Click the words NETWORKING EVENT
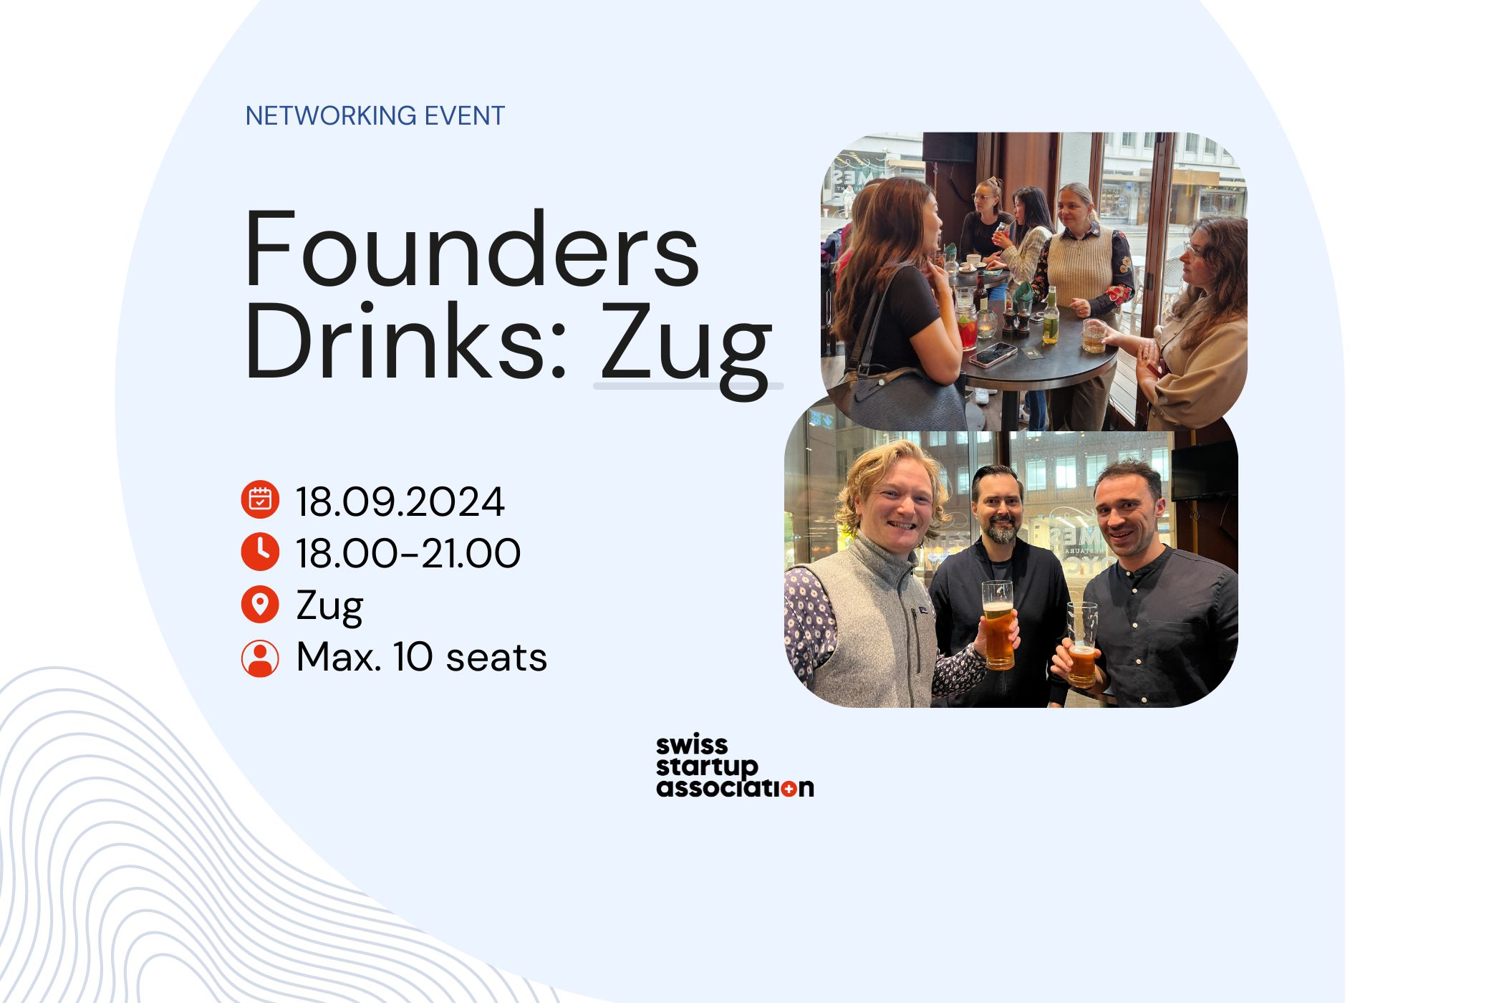tap(375, 116)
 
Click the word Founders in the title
tap(473, 249)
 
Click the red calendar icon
tap(260, 499)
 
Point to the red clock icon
tap(260, 552)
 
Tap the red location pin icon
tap(260, 605)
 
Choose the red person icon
tap(260, 658)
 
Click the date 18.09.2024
tap(400, 501)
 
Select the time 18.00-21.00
tap(409, 553)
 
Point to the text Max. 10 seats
tap(422, 658)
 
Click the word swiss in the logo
tap(692, 744)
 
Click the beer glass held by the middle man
tap(998, 625)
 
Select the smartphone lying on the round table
tap(992, 354)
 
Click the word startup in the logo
tap(707, 767)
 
